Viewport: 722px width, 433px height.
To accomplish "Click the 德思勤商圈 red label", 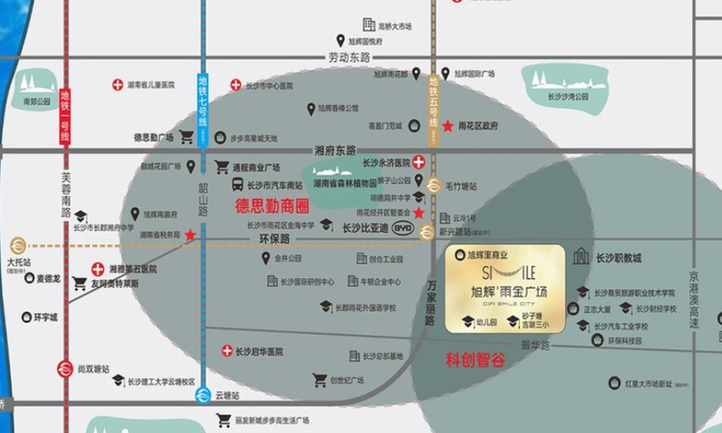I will click(x=272, y=206).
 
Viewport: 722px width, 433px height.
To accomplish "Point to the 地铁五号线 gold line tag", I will click(x=434, y=97).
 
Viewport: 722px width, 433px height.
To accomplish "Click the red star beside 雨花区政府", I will click(x=448, y=126).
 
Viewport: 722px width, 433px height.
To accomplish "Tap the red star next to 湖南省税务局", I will click(x=191, y=235).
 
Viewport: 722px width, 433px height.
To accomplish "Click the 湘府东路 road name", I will click(x=335, y=150).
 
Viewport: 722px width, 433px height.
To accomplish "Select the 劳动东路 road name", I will click(x=349, y=59).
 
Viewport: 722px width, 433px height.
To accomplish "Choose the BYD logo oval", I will click(x=403, y=229).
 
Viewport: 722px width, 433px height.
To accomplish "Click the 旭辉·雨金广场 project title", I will click(x=506, y=291).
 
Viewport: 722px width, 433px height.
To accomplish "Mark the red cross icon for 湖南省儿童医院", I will click(x=117, y=85).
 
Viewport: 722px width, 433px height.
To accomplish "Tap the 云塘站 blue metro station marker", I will click(x=203, y=395).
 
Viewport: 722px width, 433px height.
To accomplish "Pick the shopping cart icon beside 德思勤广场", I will click(x=186, y=137).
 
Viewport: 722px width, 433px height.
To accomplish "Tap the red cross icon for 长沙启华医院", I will click(x=226, y=351).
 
